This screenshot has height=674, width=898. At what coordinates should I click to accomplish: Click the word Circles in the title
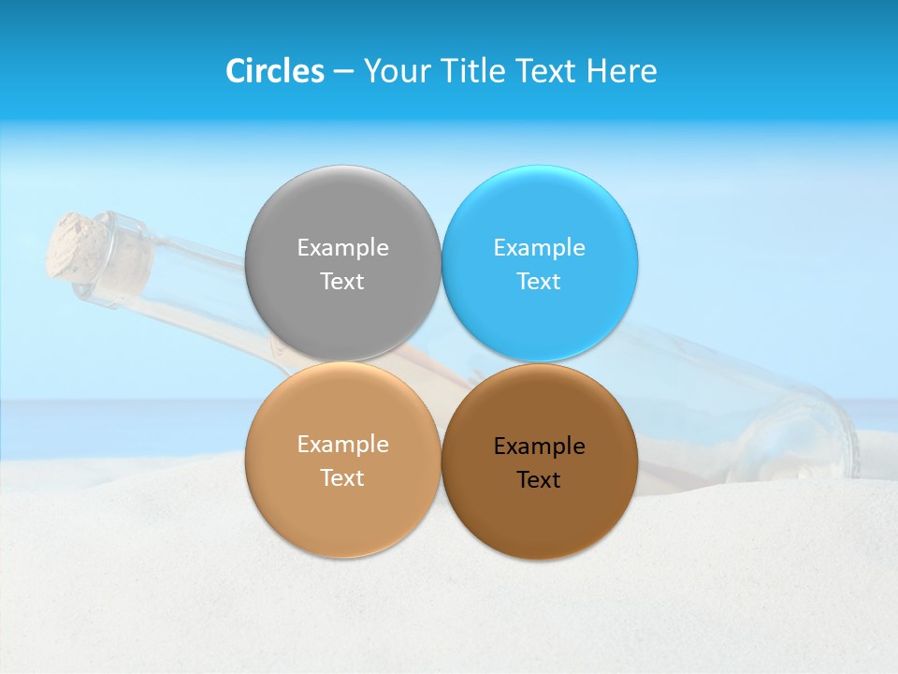(x=275, y=71)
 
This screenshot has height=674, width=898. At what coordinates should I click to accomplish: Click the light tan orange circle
(x=342, y=515)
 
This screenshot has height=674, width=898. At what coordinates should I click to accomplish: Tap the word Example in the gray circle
(x=342, y=248)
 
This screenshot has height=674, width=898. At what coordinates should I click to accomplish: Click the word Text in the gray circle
(x=342, y=282)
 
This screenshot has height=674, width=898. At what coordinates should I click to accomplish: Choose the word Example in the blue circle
(x=539, y=248)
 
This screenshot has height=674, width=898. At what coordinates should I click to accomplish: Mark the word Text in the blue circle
(x=539, y=282)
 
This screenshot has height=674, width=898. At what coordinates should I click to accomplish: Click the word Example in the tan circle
(x=342, y=445)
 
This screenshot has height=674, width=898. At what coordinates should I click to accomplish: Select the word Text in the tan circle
(x=342, y=478)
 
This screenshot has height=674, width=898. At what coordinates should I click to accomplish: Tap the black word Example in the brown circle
(x=539, y=447)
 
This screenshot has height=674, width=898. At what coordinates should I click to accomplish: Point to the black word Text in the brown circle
(x=539, y=480)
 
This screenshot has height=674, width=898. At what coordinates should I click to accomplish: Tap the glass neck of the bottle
(x=126, y=262)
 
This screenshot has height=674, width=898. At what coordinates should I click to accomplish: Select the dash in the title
(x=343, y=72)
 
